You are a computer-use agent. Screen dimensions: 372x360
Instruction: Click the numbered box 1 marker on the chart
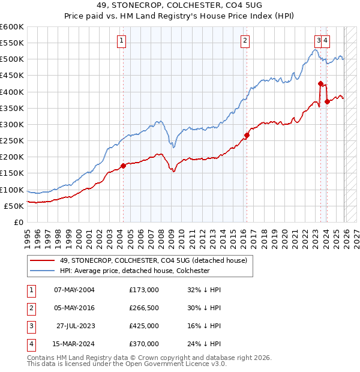coord(122,41)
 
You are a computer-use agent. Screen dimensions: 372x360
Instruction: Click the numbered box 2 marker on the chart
coord(245,41)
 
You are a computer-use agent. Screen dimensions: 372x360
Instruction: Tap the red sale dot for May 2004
coord(123,166)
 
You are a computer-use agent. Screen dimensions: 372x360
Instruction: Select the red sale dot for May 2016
coord(247,135)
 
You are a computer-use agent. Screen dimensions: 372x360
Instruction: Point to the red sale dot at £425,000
coord(320,83)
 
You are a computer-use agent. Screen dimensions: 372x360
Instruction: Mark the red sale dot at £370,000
coord(327,101)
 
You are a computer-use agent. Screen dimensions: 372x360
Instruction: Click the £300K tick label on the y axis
coord(12,124)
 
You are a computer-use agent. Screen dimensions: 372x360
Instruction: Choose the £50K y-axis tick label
coord(14,206)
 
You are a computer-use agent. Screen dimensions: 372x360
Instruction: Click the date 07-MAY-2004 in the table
coord(74,290)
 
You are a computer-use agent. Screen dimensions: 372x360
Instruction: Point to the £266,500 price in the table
coord(144,308)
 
